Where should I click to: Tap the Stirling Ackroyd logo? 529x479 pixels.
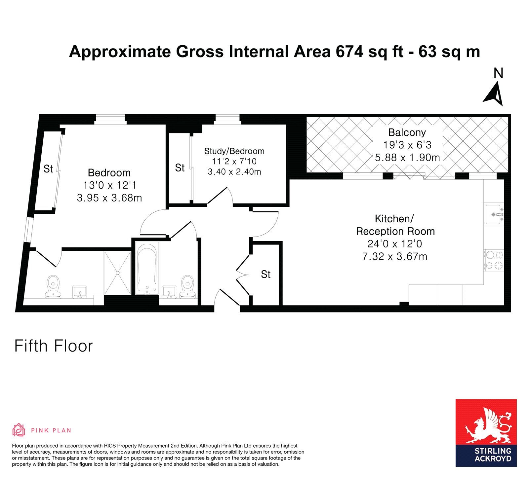coord(486,433)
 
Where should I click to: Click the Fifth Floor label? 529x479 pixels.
coord(54,346)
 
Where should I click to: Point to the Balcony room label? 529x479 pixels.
coord(407,132)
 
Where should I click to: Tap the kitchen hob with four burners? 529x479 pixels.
coord(494,260)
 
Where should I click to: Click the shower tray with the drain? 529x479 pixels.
coord(117,273)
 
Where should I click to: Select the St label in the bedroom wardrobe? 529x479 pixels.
coord(48,169)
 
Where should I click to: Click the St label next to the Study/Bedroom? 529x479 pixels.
coord(180,168)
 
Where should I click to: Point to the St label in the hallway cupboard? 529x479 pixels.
coord(266,274)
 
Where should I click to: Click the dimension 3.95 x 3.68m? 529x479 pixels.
coord(109,198)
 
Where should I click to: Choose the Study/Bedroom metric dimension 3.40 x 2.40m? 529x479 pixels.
coord(234,172)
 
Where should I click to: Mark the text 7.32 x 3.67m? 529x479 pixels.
coord(395,256)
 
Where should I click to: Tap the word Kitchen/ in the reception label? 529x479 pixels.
coord(394,219)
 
